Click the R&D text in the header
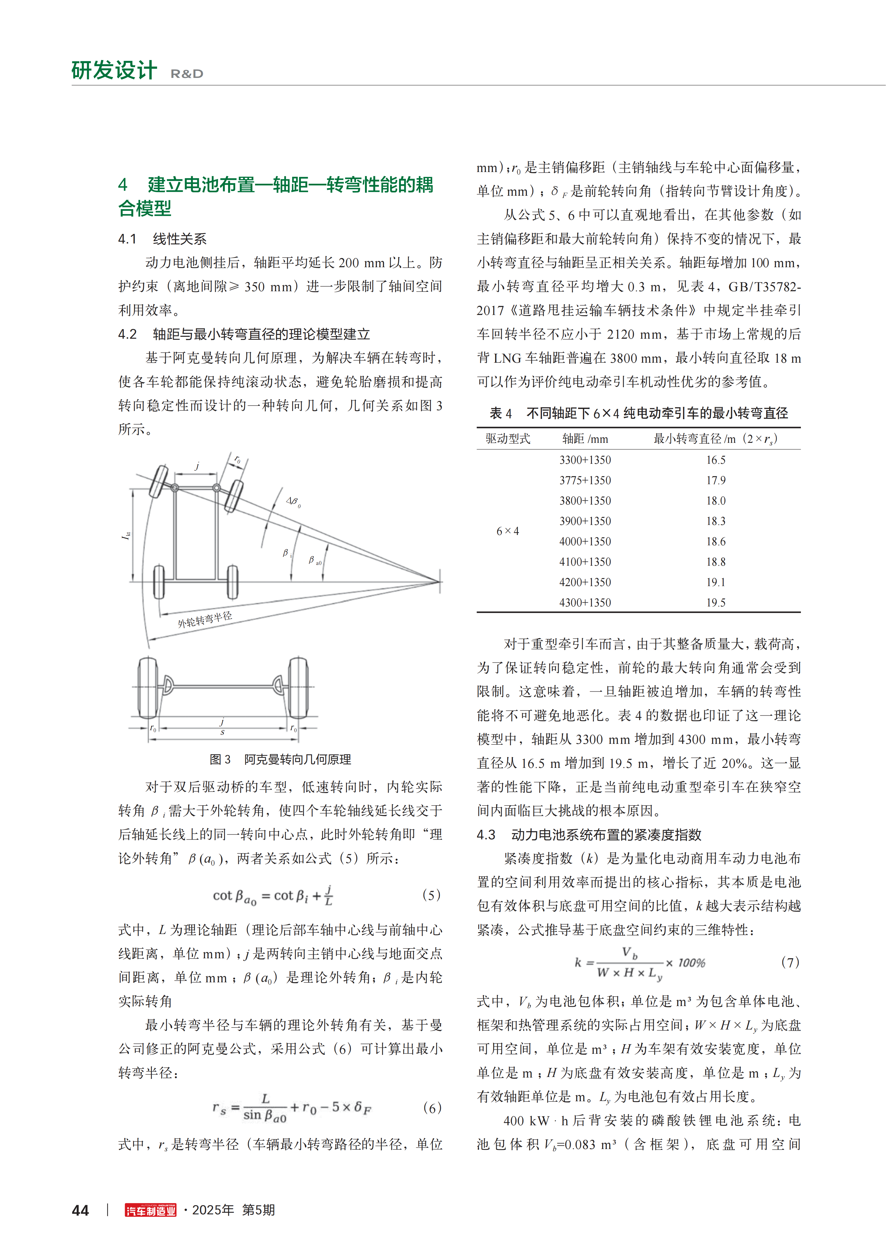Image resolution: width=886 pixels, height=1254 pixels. [187, 74]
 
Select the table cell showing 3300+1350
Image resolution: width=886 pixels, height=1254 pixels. [585, 460]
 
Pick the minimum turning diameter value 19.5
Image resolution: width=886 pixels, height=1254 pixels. [716, 602]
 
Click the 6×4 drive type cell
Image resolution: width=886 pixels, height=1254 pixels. [508, 531]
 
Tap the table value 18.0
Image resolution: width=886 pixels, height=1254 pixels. [716, 501]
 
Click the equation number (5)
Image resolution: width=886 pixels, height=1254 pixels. [431, 895]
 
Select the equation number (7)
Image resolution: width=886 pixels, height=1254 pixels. [790, 962]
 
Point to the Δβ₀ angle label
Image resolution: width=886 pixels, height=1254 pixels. [294, 501]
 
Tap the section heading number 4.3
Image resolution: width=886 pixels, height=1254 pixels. [486, 835]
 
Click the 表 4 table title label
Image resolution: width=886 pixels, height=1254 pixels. [501, 413]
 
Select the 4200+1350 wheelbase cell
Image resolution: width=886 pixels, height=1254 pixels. [585, 582]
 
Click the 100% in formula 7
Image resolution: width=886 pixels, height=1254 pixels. [692, 962]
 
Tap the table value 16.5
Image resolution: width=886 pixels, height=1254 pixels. [716, 460]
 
